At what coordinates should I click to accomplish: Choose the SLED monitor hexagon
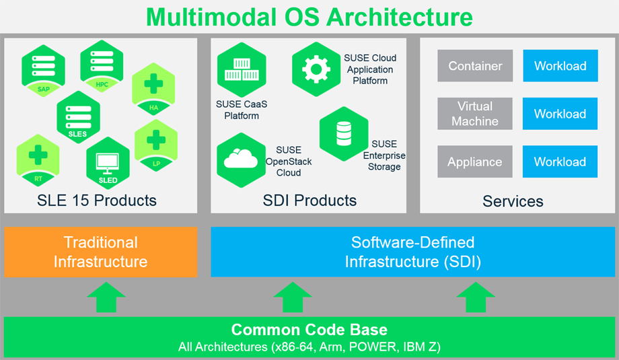(x=108, y=164)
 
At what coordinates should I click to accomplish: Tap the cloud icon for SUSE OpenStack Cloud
(x=241, y=159)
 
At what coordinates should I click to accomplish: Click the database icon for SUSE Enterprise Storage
(x=344, y=134)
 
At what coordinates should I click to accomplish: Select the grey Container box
(x=475, y=66)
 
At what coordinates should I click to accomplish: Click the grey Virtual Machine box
(x=475, y=114)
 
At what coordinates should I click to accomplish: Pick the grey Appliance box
(x=475, y=161)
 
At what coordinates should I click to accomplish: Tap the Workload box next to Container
(x=560, y=66)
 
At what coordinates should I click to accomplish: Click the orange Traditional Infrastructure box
(x=101, y=252)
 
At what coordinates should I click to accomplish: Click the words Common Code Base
(x=309, y=330)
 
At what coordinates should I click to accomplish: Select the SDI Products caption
(x=309, y=200)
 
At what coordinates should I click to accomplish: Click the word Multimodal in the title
(x=216, y=17)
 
